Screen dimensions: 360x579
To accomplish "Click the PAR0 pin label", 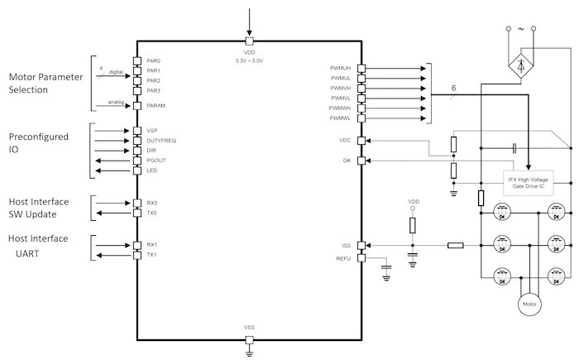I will (x=153, y=61).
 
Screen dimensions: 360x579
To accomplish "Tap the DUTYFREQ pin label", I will (x=160, y=141).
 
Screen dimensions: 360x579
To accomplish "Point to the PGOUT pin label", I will (x=156, y=161).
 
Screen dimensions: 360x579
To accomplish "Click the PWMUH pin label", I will (x=340, y=69).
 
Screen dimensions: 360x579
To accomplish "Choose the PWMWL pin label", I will (x=340, y=118).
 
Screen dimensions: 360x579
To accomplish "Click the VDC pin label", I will (x=345, y=140).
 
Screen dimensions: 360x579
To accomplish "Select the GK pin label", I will (x=347, y=160).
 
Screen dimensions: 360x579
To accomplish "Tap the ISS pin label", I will (x=347, y=245).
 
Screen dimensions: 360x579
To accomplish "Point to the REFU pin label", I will (x=343, y=259).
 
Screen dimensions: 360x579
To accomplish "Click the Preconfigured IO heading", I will (x=38, y=143).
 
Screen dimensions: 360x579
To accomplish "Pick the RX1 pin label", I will (x=152, y=245).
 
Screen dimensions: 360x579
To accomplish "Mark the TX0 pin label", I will (x=152, y=213).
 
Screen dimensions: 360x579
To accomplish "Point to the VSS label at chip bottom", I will (x=249, y=328).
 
